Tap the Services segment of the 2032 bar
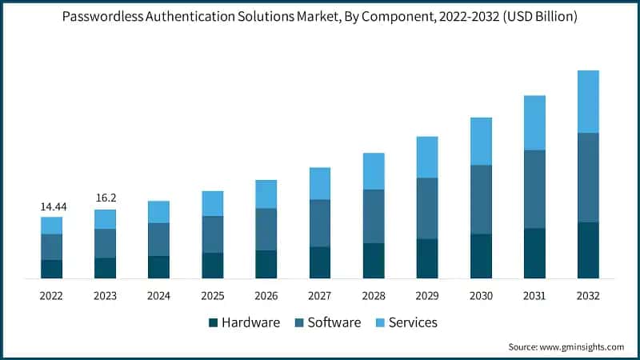point(588,102)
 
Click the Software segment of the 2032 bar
point(588,177)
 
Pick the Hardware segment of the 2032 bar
point(588,250)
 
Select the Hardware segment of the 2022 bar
point(51,269)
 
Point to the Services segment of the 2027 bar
point(320,183)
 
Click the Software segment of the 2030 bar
point(481,199)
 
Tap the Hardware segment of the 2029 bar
point(427,258)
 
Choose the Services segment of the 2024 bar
point(158,212)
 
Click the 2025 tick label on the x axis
point(212,296)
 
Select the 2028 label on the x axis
point(374,296)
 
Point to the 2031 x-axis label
point(534,296)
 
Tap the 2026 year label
point(266,296)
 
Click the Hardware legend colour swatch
point(213,323)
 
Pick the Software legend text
point(334,323)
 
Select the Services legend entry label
point(414,323)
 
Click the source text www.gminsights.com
point(581,347)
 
